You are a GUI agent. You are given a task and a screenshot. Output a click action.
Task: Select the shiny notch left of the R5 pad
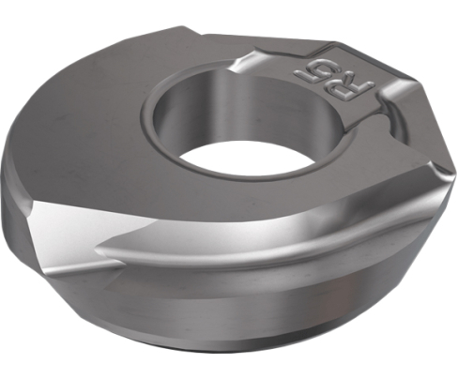click(247, 64)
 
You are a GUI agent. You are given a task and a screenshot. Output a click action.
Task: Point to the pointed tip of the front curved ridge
click(98, 250)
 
